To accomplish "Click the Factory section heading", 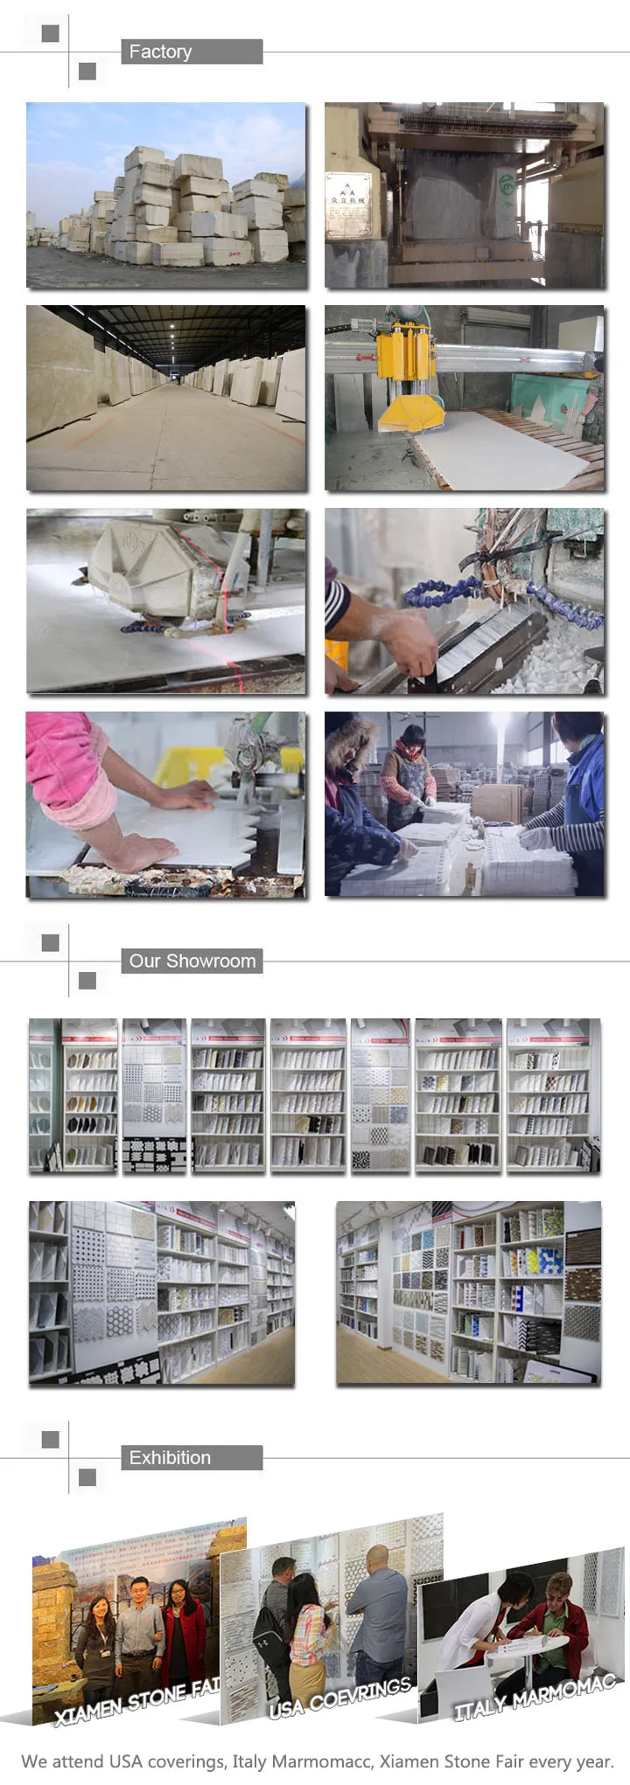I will coord(161,52).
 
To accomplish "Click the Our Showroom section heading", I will coord(192,961).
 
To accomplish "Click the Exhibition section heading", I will coord(170,1457).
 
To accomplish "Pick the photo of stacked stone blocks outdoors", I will coord(166,195).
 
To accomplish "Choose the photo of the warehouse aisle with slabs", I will coord(166,398).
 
